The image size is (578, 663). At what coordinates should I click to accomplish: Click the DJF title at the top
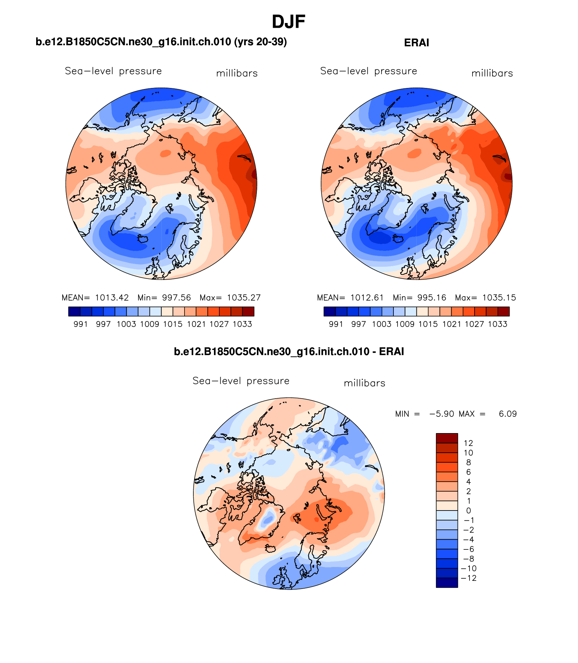[x=288, y=22]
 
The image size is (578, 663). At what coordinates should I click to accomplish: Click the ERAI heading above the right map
[x=416, y=43]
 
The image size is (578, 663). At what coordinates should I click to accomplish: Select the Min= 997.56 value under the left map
[x=164, y=298]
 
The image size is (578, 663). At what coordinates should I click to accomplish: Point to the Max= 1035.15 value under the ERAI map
[x=485, y=298]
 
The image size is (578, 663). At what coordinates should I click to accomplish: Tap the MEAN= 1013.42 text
[x=95, y=298]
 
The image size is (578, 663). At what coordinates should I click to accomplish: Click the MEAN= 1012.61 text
[x=350, y=298]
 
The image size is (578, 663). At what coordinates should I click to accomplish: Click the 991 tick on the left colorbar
[x=80, y=324]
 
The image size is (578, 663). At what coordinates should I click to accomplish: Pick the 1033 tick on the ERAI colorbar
[x=498, y=324]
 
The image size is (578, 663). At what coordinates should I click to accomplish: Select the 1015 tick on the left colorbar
[x=173, y=324]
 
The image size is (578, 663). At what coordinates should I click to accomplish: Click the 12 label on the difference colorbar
[x=468, y=443]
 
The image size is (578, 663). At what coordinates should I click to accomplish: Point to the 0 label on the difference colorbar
[x=468, y=511]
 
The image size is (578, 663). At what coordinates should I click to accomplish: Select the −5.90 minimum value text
[x=441, y=414]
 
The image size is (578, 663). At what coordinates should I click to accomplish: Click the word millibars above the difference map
[x=364, y=383]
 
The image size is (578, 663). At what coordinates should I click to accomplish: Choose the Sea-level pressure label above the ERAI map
[x=368, y=71]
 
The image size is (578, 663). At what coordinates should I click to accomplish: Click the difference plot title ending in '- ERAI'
[x=289, y=352]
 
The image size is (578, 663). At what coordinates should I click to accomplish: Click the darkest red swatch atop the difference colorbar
[x=447, y=438]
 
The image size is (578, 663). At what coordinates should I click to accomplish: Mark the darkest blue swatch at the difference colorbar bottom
[x=447, y=583]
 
